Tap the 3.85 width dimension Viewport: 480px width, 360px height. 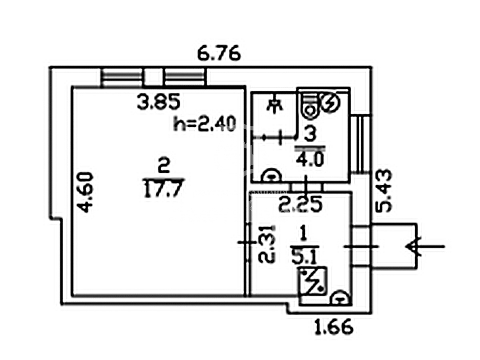click(158, 102)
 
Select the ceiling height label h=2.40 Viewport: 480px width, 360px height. click(204, 124)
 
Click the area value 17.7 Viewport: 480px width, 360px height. click(163, 188)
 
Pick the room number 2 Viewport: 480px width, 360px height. click(164, 166)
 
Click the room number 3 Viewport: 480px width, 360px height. click(310, 134)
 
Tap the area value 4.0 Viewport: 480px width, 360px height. click(310, 159)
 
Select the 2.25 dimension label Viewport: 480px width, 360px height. click(300, 204)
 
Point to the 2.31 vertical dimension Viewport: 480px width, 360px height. click(266, 244)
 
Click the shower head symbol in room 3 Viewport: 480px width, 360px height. click(275, 106)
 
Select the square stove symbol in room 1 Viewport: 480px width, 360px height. click(312, 281)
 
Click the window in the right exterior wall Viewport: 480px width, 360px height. click(361, 144)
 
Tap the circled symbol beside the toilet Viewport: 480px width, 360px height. click(330, 102)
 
